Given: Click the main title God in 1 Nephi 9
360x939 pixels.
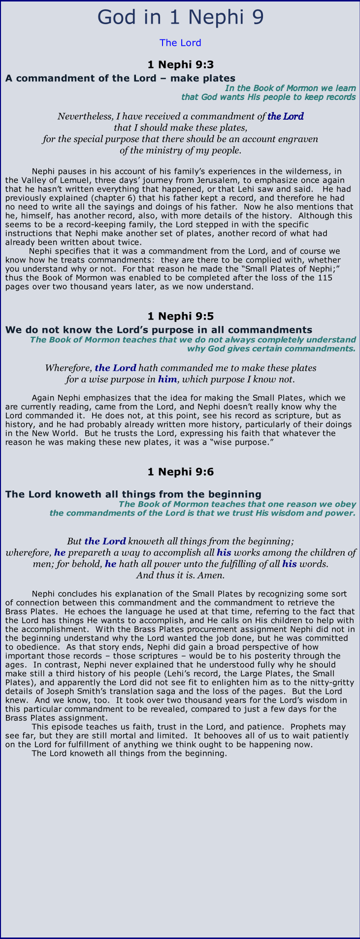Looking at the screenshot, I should pos(180,17).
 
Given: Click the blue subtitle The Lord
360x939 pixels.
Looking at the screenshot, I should pos(180,43).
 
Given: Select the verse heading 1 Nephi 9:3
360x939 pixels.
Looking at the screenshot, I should pos(180,65).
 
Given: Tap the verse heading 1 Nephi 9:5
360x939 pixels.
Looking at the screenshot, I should pos(180,316).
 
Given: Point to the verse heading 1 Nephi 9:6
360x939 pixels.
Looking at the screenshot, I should pos(180,472).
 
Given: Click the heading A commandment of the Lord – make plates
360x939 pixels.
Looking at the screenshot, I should pos(120,78).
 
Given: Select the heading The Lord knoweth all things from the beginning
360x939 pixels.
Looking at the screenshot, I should pos(133,494).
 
